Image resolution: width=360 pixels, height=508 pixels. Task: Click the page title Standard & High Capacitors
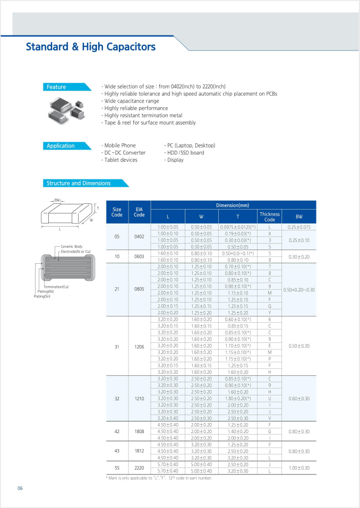(91, 47)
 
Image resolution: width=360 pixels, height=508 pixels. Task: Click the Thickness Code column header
(270, 217)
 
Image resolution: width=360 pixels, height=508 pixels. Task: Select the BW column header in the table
(299, 217)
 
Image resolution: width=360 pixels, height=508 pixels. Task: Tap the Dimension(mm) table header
(233, 205)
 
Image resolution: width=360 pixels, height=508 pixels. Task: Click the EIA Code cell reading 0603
(139, 256)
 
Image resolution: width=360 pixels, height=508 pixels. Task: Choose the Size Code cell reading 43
(117, 451)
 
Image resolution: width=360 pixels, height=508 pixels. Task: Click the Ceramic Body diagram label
(72, 247)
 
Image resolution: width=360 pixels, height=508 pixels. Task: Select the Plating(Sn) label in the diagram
(45, 296)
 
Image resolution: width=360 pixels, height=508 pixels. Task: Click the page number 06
(20, 488)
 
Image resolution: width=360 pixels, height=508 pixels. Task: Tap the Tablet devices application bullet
(121, 160)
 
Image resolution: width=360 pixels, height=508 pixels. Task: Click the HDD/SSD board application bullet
(184, 152)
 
